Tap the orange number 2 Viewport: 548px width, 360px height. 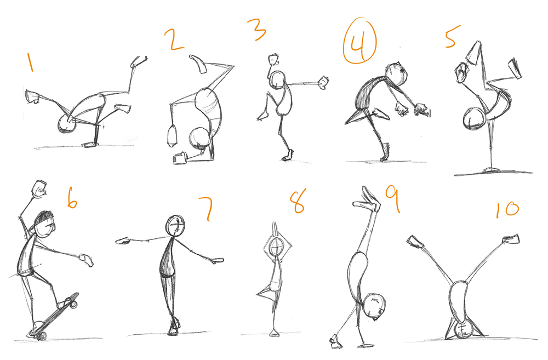click(174, 40)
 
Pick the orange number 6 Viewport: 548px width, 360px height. click(71, 198)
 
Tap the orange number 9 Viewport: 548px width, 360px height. click(392, 198)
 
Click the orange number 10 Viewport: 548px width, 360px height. click(506, 210)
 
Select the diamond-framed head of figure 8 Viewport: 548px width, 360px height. click(277, 247)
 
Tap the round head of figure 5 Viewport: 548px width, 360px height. click(472, 119)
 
